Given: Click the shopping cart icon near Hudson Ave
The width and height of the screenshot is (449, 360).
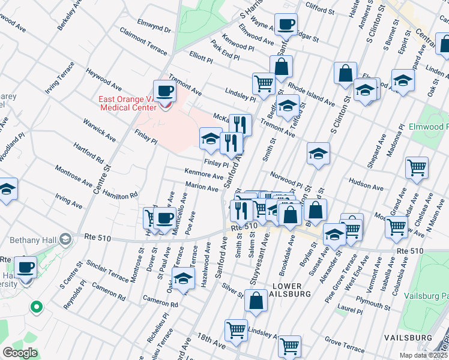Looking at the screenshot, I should [x=417, y=168].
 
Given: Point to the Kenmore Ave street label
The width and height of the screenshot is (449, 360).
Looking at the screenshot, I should [x=204, y=174].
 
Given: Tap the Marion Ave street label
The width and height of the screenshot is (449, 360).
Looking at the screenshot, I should [x=202, y=187].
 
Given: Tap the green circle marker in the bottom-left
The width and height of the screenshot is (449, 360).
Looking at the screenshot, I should [x=37, y=307].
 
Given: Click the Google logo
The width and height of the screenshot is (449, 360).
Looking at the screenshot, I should [x=20, y=353].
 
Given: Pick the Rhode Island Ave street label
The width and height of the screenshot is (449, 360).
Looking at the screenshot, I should [x=311, y=94].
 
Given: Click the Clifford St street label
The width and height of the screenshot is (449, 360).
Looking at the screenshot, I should [x=319, y=10].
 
